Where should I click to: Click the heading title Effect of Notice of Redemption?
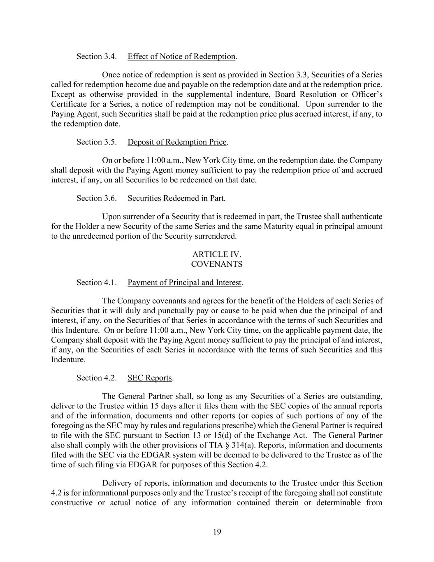coord(181,56)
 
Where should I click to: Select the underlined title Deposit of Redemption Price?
coord(177,142)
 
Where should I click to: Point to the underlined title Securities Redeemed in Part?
coord(176,198)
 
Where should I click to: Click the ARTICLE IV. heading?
coord(217,254)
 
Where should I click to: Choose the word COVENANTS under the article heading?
coord(217,264)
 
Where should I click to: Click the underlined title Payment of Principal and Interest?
coord(184,282)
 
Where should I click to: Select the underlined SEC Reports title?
coord(150,378)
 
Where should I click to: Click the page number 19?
coord(217,532)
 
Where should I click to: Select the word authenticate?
coord(362,217)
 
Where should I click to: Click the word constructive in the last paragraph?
coord(72,503)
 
